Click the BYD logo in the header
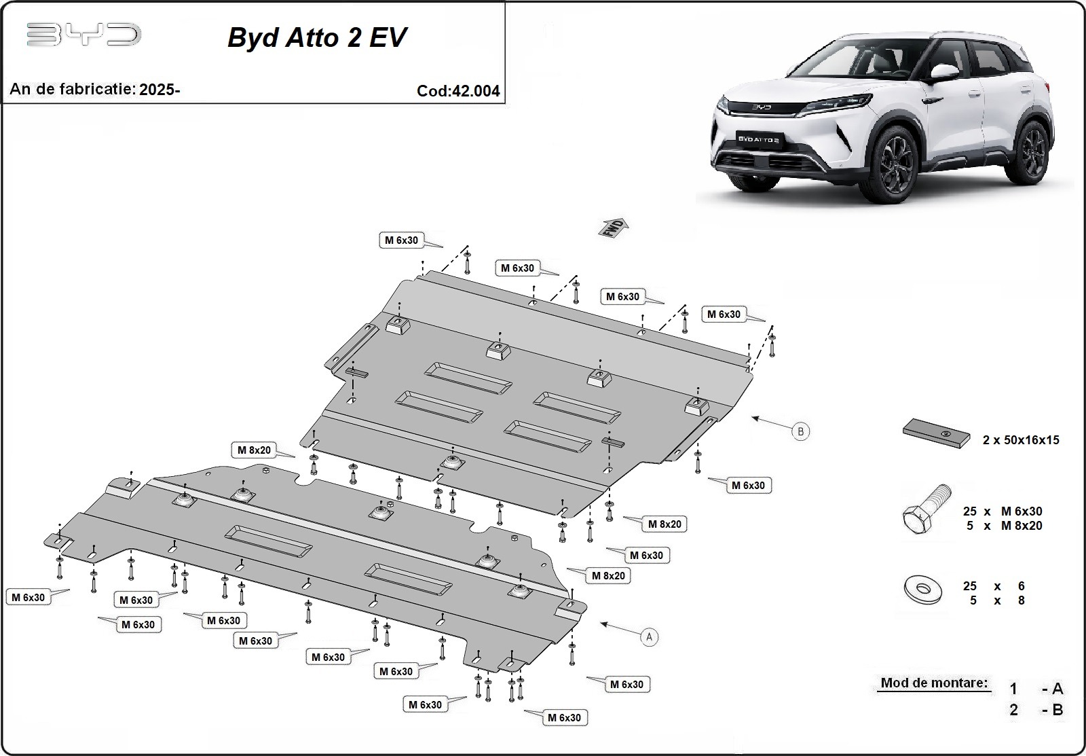83,35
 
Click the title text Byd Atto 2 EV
317,37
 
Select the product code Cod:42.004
458,91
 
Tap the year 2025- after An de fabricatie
160,89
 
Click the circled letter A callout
650,637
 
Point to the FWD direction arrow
613,228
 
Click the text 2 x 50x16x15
1020,440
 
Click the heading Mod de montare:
934,683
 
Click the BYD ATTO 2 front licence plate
758,139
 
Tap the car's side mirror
941,73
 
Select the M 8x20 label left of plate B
254,450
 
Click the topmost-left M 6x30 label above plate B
401,240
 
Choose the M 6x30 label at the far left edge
28,597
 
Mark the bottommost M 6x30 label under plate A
564,717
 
